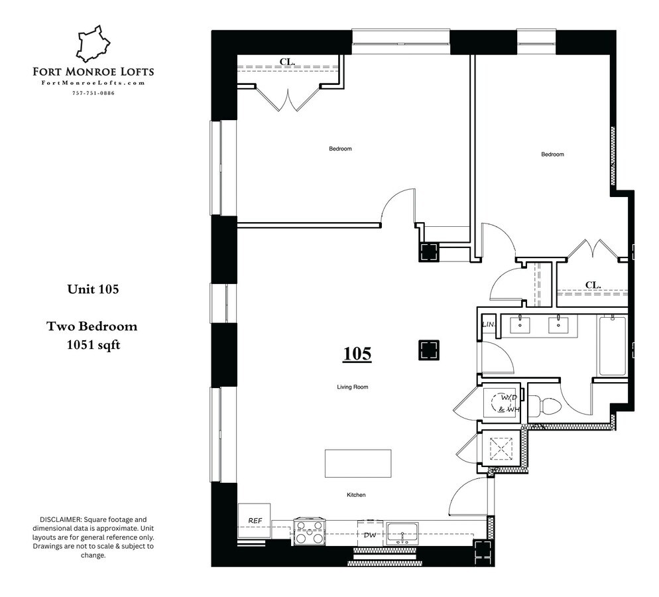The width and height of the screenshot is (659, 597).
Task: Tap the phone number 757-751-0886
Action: (x=93, y=93)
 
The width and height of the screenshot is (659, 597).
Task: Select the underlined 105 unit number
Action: (x=357, y=354)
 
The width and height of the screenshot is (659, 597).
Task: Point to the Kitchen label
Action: (x=355, y=495)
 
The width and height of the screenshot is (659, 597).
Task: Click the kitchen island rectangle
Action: (x=357, y=463)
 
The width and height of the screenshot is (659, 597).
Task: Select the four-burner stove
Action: (x=309, y=532)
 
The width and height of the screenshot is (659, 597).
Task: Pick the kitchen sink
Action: (x=402, y=533)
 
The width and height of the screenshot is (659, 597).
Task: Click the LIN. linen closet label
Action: (x=489, y=325)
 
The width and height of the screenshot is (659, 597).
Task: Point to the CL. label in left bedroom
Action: (x=286, y=62)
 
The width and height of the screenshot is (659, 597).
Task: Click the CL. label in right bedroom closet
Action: (x=593, y=285)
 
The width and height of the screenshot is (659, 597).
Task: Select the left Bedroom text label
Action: (x=340, y=149)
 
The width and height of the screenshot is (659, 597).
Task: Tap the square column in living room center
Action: (x=428, y=350)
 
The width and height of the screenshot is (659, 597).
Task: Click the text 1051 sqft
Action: (x=93, y=344)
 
